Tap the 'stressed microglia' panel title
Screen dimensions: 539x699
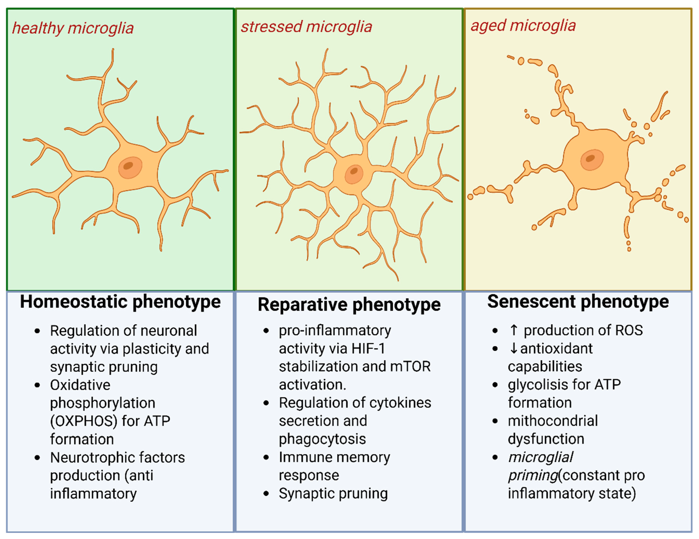click(x=306, y=27)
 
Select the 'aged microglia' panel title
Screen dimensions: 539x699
click(x=523, y=26)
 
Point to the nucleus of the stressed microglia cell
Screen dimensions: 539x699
click(x=354, y=174)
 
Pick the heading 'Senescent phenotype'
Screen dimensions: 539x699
click(x=578, y=301)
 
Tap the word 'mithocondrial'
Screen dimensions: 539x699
click(x=553, y=421)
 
